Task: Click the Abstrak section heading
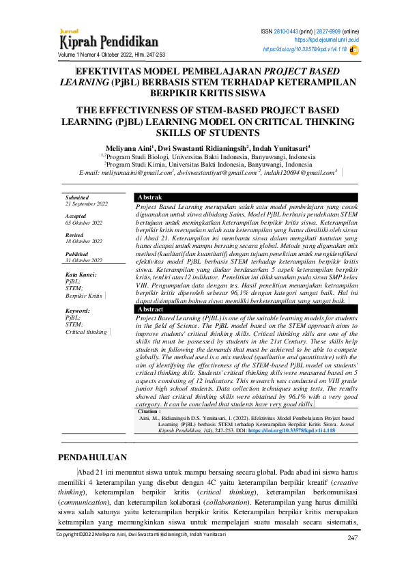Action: pyautogui.click(x=150, y=197)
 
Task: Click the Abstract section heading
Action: pyautogui.click(x=151, y=309)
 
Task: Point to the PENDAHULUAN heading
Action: pyautogui.click(x=97, y=456)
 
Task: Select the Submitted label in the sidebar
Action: pyautogui.click(x=77, y=197)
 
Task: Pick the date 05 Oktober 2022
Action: pyautogui.click(x=84, y=223)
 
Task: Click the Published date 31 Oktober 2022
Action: pyautogui.click(x=83, y=261)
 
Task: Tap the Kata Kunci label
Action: pyautogui.click(x=81, y=274)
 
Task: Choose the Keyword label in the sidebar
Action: pyautogui.click(x=77, y=310)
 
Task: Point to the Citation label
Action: pyautogui.click(x=149, y=412)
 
